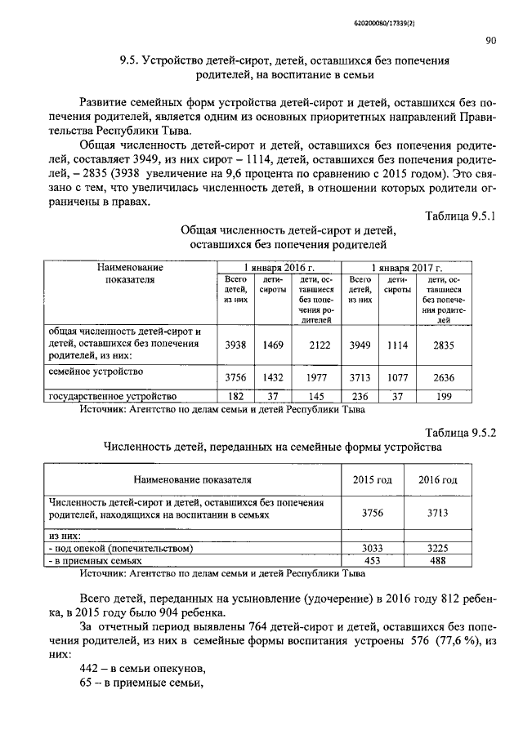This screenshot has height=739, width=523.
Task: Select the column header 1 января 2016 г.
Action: (x=278, y=267)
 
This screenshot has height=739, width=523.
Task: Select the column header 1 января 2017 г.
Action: (x=406, y=267)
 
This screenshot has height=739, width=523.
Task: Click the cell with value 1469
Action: (x=272, y=345)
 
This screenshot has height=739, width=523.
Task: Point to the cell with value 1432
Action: (x=272, y=377)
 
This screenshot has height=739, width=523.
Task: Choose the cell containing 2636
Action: (x=445, y=377)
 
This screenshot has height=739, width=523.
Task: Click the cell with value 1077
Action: (x=397, y=377)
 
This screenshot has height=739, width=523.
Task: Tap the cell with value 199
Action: (x=445, y=397)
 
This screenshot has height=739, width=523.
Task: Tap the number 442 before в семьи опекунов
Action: (x=91, y=670)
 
